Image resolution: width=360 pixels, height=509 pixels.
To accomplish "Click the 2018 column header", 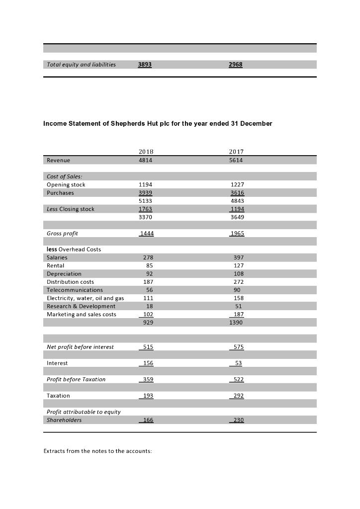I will pos(145,152).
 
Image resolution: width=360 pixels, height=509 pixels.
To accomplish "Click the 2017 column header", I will pos(236,152).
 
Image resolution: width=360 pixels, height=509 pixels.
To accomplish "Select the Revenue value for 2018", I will pos(145,160).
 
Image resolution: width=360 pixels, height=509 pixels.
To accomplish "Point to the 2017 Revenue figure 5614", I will pos(236,160).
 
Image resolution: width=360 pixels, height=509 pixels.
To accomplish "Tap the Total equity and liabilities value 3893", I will pos(145,65).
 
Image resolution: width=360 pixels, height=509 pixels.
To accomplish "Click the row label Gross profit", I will pos(62,233).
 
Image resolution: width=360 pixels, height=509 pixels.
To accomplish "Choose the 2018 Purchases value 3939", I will pos(145,193).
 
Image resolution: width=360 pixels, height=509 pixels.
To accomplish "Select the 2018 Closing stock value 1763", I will pos(145,209).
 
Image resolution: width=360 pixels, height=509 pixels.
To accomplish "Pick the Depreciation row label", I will pos(64,274).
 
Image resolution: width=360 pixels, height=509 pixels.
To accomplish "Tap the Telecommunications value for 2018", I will pos(149,290).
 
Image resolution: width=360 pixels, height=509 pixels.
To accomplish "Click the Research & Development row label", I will pos(81,306).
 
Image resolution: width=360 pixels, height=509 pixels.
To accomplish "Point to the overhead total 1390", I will pos(236,323).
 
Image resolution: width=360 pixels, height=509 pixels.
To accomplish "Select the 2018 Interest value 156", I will pos(148,363).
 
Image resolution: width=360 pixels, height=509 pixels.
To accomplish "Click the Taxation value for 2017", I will pos(238,396).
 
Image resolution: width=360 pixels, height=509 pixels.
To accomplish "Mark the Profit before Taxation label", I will pos(76,379).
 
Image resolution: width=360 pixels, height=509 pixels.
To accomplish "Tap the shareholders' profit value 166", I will pos(148,420).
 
